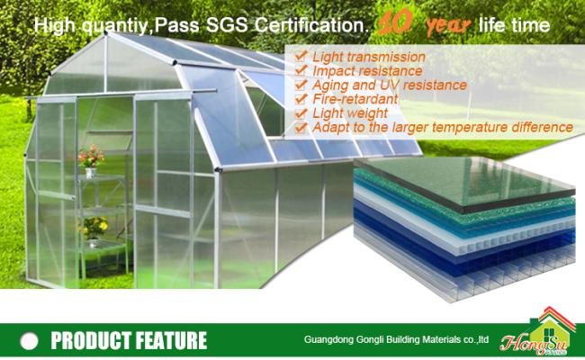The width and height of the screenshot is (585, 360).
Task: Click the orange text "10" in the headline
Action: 395,22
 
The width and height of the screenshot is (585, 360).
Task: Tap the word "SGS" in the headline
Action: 227,25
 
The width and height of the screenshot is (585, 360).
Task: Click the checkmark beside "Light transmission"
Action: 301,57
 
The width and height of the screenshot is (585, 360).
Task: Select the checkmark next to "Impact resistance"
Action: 301,70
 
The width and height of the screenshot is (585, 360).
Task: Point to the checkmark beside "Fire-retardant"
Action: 301,99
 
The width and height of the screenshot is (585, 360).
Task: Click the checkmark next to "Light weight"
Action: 301,113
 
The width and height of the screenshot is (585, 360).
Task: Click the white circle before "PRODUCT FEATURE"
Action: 30,340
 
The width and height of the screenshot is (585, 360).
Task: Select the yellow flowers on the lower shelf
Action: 94,227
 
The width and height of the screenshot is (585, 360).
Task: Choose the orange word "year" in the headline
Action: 449,25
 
